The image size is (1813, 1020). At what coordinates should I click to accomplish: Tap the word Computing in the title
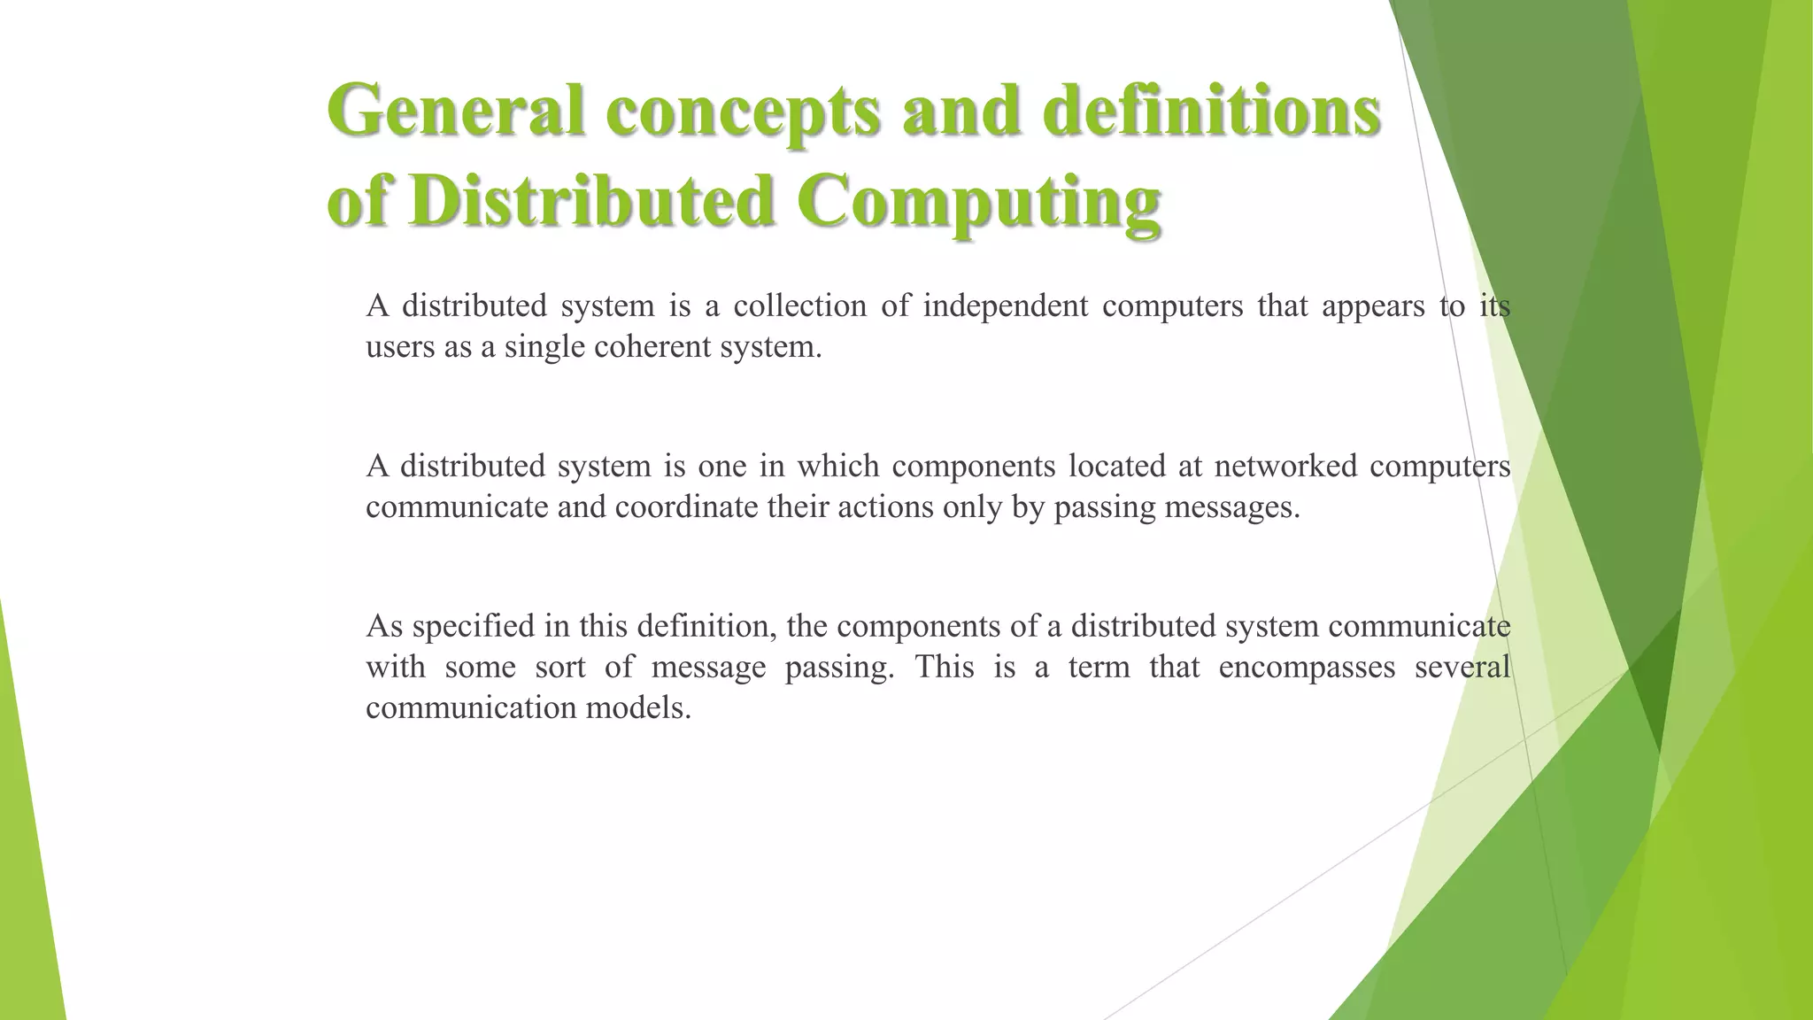978,203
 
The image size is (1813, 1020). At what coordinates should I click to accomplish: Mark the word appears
1373,306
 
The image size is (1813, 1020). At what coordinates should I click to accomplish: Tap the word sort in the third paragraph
560,667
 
